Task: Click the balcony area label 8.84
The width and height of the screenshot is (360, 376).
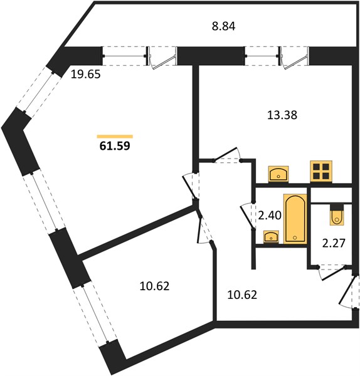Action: [223, 26]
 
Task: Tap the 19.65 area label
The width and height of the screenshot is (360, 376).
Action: [86, 75]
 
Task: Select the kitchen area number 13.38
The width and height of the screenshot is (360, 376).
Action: [282, 115]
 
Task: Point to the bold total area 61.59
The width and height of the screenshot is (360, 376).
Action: [115, 145]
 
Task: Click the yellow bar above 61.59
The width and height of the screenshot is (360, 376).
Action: [115, 137]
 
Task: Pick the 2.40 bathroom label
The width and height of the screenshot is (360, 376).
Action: [270, 216]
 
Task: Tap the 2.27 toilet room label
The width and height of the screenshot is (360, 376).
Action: [334, 243]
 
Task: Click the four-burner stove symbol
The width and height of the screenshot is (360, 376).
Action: [321, 171]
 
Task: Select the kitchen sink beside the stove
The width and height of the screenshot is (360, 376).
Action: [278, 174]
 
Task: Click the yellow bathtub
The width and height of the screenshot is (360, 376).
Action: [295, 219]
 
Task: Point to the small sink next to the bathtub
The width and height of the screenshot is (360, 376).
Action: [271, 237]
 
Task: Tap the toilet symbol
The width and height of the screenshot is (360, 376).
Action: [337, 214]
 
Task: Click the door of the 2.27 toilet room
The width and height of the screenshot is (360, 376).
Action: [332, 273]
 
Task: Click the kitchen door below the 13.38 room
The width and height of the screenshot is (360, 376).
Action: [228, 155]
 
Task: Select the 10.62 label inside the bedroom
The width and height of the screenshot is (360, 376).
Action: [154, 286]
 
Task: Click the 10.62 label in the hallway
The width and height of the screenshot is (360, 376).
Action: [242, 295]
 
